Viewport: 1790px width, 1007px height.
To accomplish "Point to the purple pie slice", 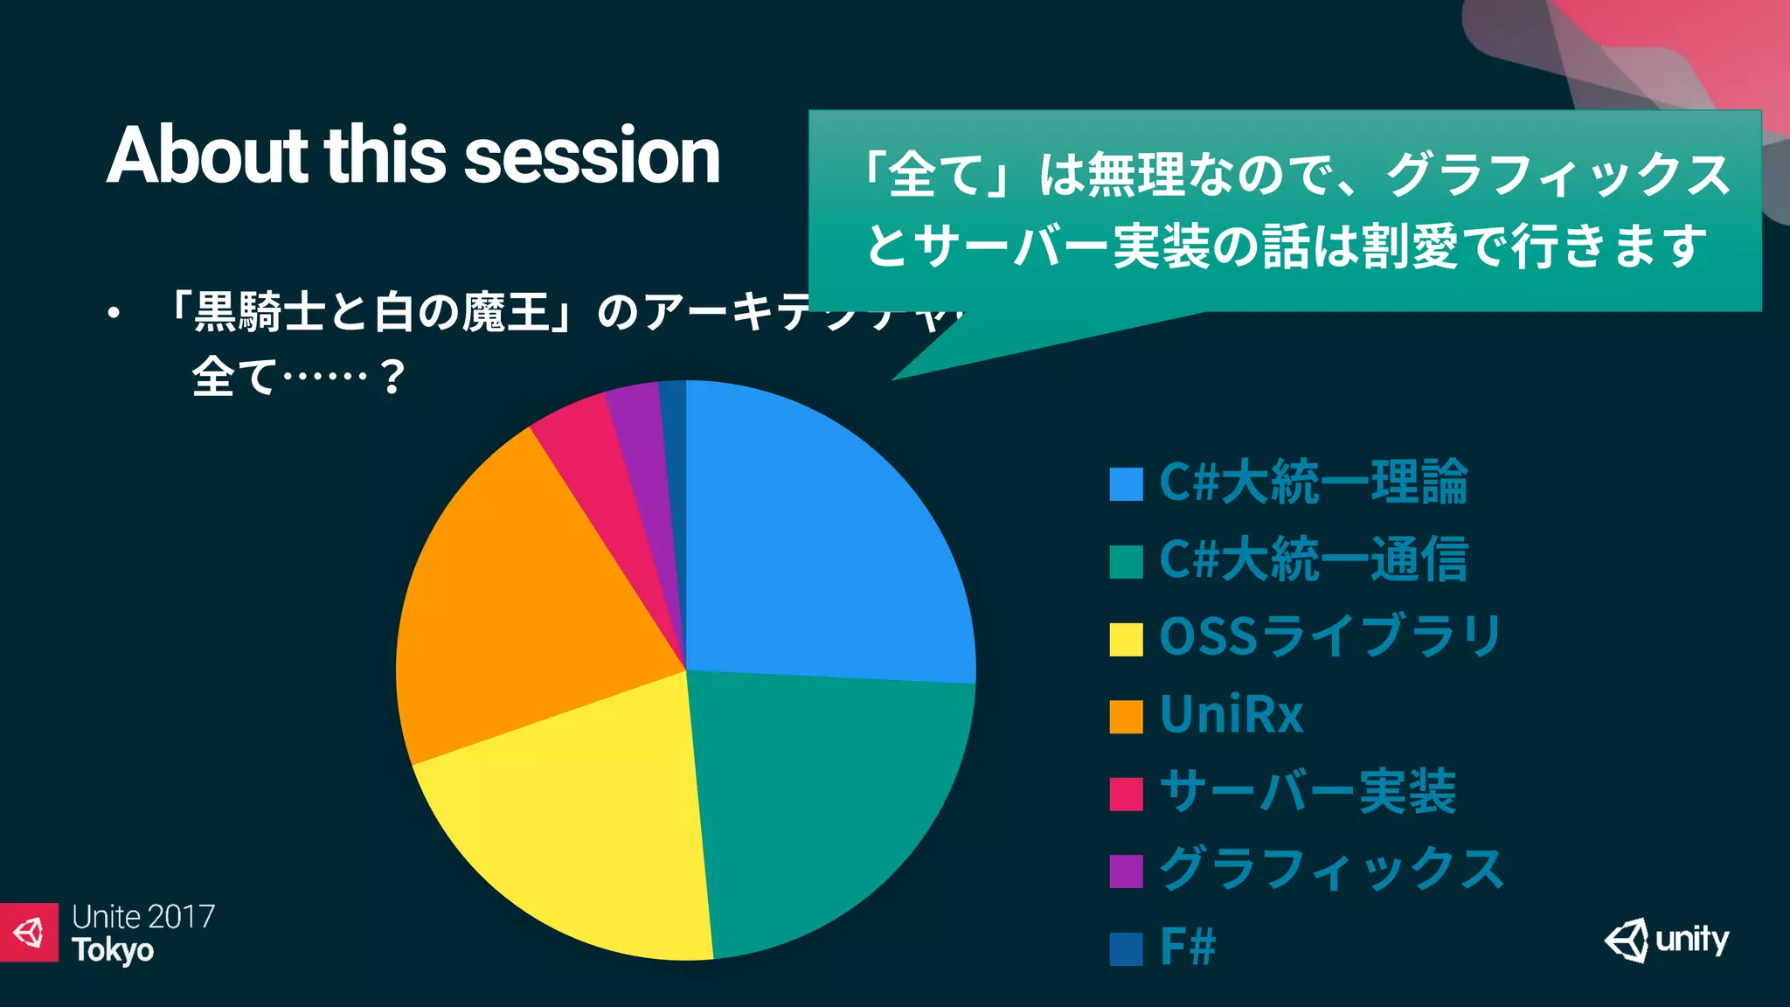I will [x=647, y=455].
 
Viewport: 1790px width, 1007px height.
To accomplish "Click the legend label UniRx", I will [x=1231, y=715].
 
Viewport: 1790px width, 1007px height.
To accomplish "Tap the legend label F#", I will [x=1187, y=947].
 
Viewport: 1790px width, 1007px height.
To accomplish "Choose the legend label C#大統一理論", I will [x=1313, y=483].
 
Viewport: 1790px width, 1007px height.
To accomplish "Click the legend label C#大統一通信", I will [x=1313, y=560].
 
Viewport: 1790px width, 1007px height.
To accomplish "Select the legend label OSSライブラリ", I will [x=1329, y=637].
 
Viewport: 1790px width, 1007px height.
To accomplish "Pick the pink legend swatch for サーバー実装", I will [x=1126, y=794].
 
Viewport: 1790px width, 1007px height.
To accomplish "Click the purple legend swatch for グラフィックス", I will [x=1126, y=871].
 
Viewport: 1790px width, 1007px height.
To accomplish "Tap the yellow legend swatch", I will [x=1126, y=639].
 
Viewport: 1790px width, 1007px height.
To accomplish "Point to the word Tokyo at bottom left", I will [x=113, y=950].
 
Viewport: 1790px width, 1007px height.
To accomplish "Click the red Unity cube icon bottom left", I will [x=29, y=932].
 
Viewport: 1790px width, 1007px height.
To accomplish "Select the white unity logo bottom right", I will [x=1666, y=941].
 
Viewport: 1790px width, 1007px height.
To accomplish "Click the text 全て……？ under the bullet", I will [x=297, y=378].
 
